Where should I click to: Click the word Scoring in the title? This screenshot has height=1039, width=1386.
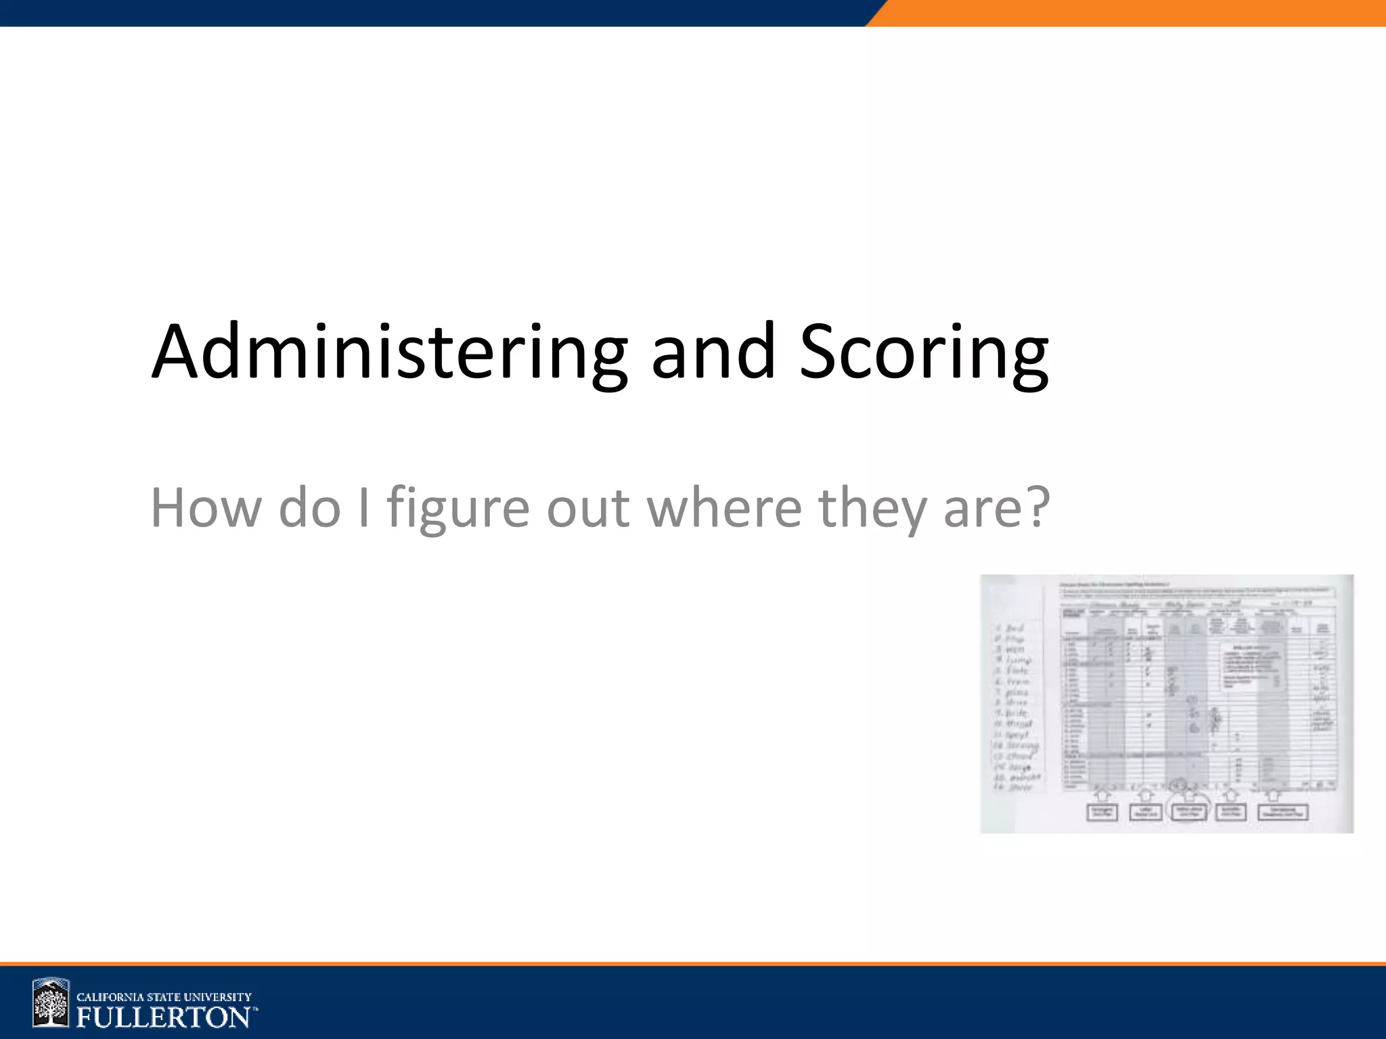924,353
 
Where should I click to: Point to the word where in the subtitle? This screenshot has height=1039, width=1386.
724,507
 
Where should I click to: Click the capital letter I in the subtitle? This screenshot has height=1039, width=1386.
364,507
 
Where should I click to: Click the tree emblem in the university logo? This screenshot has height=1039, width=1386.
51,1003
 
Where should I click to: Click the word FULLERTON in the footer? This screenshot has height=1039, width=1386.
163,1017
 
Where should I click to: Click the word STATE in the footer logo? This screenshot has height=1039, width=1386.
162,997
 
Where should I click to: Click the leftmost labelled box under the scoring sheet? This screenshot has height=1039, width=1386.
1102,812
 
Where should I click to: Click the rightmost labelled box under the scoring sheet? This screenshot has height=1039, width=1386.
1282,812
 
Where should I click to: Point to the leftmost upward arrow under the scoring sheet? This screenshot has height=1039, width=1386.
1102,793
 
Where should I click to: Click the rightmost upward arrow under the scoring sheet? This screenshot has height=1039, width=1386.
1274,793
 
